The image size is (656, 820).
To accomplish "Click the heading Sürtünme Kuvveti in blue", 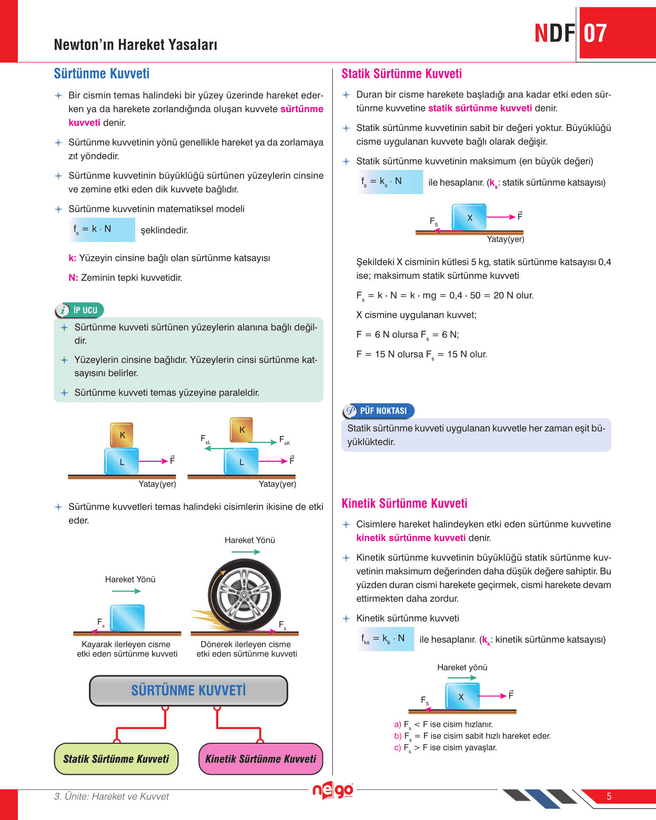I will coord(102,74).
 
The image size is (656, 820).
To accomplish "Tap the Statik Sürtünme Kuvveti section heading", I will coord(401,74).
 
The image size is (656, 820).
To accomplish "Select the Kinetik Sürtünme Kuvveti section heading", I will coord(404,503).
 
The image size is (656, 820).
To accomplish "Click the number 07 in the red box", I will coord(596,34).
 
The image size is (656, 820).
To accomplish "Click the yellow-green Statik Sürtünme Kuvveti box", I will coord(116,758).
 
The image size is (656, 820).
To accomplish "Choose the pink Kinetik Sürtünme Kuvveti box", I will coord(260,758).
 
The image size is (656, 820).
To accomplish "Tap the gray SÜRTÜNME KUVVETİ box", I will coord(188,690).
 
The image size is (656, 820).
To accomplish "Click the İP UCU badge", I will coord(79,310).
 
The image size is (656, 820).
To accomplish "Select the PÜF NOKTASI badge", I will coord(378,411).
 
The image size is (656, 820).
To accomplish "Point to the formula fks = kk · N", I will coord(386,639).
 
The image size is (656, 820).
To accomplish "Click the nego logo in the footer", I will coord(332,790).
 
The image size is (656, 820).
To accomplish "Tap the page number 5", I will coord(609,796).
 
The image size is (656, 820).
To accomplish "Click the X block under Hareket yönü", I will coord(462,696).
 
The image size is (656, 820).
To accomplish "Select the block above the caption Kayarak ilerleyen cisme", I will coord(127,617).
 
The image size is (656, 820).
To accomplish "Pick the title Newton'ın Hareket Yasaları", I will coord(135,45).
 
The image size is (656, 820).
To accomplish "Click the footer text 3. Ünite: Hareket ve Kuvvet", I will coord(111,796).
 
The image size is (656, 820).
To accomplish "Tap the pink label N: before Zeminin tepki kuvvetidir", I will coord(73,278).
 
